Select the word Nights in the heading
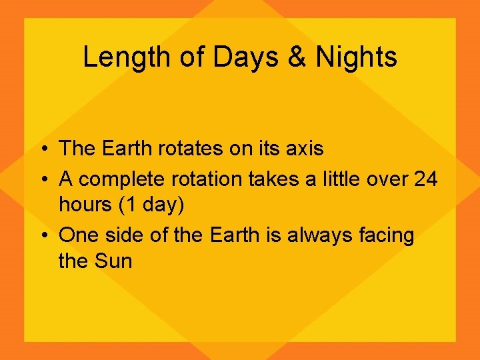[x=357, y=57]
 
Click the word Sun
[x=114, y=261]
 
